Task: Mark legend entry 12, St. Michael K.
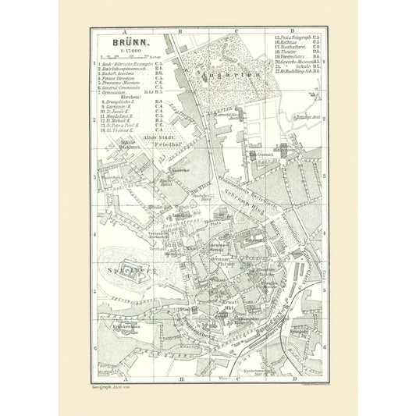click(x=121, y=121)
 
